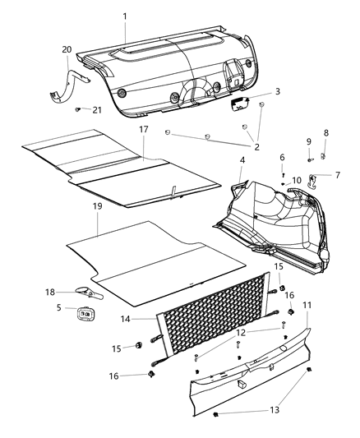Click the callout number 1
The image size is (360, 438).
125,16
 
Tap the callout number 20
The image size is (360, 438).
67,50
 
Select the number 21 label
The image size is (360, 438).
97,110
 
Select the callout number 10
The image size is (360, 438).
297,179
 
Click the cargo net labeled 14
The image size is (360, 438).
214,320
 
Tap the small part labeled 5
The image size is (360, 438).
86,312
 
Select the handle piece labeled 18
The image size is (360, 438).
89,292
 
